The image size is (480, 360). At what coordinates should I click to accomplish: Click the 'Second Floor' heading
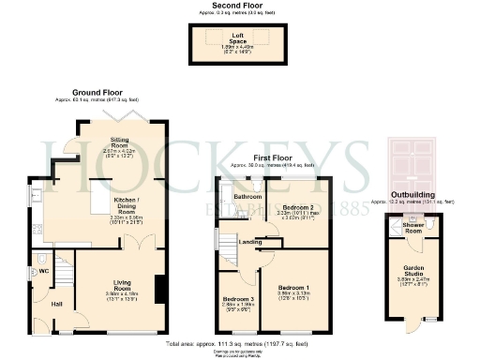[x=239, y=6]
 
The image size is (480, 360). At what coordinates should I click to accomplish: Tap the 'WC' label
[x=43, y=271]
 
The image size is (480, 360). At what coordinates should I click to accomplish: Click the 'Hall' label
[x=57, y=304]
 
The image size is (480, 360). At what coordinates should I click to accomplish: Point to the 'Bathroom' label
[x=248, y=197]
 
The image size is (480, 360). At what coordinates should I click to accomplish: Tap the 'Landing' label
[x=250, y=242]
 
